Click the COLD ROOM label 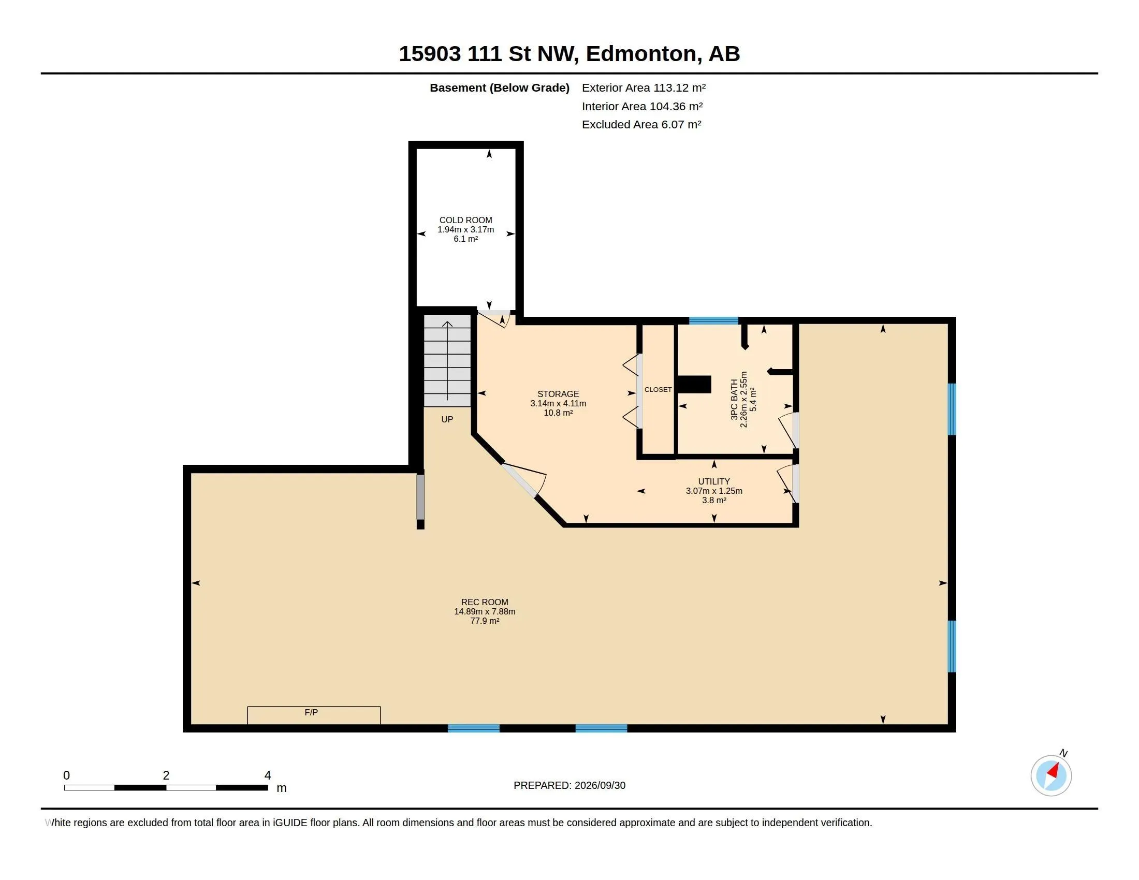[465, 220]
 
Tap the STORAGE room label [558, 394]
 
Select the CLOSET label [658, 389]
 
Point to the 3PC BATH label [734, 399]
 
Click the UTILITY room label [714, 481]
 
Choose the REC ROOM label [485, 602]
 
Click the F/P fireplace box [313, 715]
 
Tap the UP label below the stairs [447, 419]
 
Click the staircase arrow [447, 361]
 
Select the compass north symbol [1051, 775]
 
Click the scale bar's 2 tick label [166, 775]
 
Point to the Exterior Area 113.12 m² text [644, 87]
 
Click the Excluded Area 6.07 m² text [641, 125]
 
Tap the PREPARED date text [569, 785]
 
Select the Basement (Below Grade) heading [499, 87]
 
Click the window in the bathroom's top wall [713, 320]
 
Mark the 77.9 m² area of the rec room [485, 621]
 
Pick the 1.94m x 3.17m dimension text [465, 229]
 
